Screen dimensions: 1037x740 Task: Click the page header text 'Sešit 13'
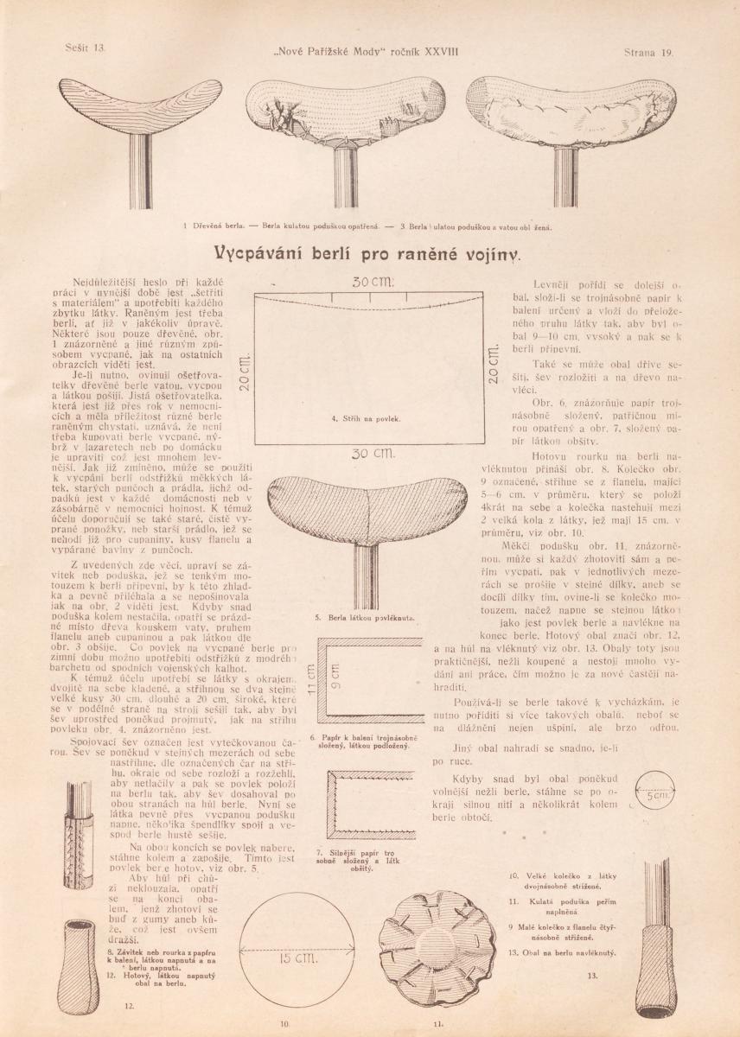point(84,52)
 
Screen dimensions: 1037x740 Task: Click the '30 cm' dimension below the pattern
point(373,453)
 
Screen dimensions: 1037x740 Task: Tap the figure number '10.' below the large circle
point(283,1025)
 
